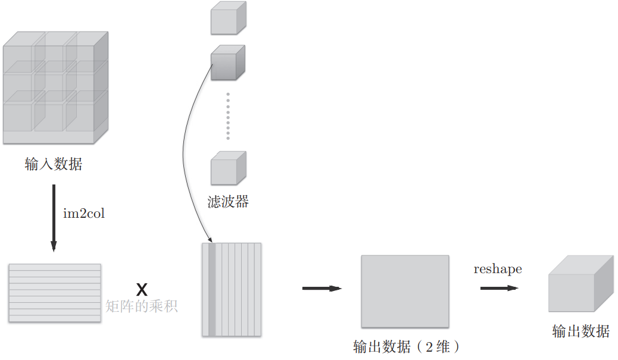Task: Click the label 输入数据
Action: [54, 165]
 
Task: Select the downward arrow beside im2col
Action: [54, 217]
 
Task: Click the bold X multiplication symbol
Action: [142, 290]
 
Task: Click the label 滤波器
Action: [229, 202]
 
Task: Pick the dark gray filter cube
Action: [227, 63]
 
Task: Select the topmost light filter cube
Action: [227, 19]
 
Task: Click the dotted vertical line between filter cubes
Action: [228, 115]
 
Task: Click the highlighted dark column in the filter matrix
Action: [212, 289]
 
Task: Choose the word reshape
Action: [498, 269]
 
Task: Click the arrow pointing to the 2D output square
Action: [322, 289]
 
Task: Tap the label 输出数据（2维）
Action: [407, 346]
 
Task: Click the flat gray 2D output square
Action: [405, 291]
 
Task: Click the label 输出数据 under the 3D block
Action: [580, 331]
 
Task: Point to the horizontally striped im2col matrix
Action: [55, 293]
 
